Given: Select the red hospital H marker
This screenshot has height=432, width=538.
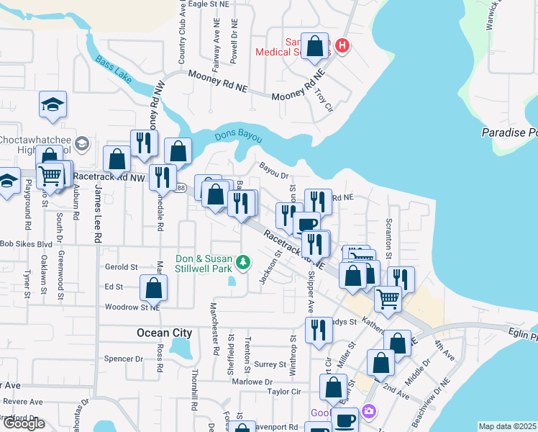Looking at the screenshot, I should coord(342,46).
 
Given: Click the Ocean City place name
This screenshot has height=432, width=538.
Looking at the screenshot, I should coord(165,333).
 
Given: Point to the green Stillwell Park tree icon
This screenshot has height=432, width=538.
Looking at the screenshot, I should coord(244,261).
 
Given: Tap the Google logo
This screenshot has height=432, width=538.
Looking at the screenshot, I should coord(24,423).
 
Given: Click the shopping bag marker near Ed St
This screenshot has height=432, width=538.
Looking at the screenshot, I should coord(154,289).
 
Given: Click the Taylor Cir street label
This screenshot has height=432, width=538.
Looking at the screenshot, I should coord(283,392).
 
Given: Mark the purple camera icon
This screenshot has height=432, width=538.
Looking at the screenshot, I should coord(369,411).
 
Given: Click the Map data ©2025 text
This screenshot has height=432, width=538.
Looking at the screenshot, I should coord(507,426).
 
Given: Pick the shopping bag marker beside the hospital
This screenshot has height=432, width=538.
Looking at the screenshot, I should coord(315,47).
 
